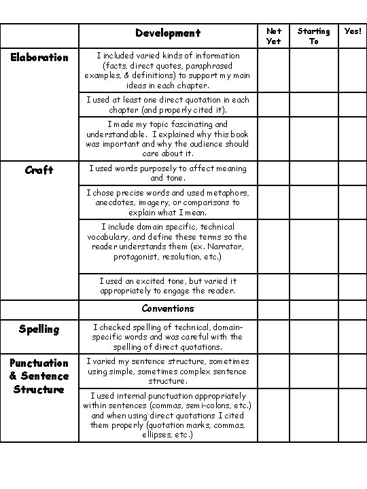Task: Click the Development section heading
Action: tap(168, 33)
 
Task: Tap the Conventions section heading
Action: tap(168, 308)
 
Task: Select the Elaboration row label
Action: tap(39, 58)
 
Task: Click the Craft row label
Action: tap(39, 170)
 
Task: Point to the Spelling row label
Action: tap(39, 329)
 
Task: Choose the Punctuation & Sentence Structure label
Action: tap(39, 376)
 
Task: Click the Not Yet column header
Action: tap(274, 36)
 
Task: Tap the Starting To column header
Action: tap(313, 36)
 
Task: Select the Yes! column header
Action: tap(353, 31)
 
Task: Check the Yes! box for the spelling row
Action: tap(353, 337)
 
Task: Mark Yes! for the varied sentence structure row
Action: tap(353, 371)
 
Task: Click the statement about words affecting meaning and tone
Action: tap(168, 173)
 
